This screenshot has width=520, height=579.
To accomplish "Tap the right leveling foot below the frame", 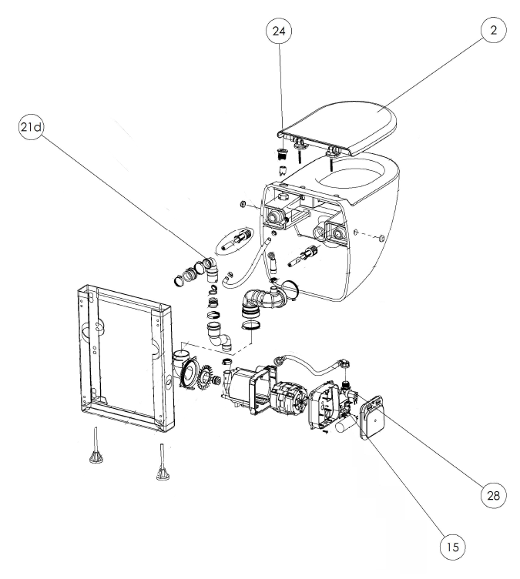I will click(163, 464).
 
